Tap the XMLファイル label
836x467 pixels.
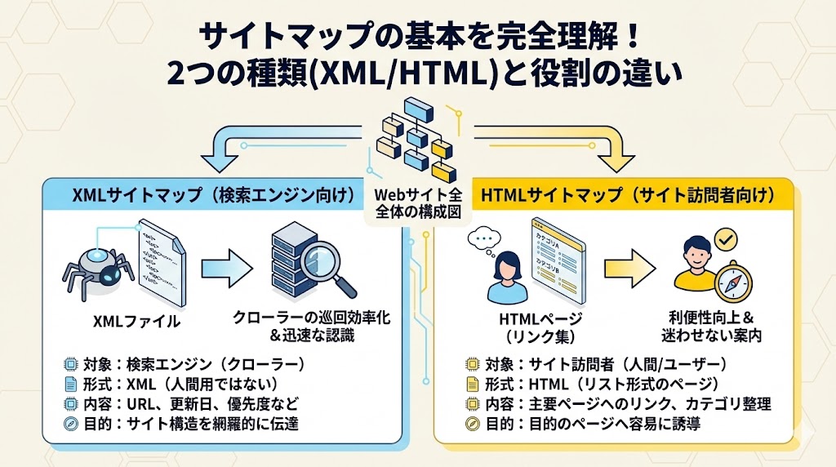137,321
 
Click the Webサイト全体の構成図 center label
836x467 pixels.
417,204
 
